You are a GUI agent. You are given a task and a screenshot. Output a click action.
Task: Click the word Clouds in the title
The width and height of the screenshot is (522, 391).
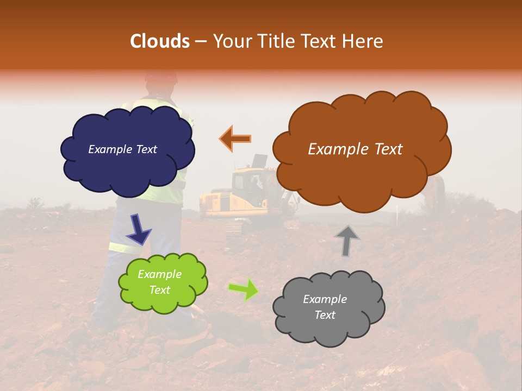pos(160,41)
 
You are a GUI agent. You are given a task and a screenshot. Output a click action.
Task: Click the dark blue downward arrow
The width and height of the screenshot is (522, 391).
pos(139,229)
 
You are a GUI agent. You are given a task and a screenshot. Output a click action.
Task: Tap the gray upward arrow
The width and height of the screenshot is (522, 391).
pos(347,240)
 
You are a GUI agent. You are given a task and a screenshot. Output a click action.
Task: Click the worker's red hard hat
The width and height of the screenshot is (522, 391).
pos(161,76)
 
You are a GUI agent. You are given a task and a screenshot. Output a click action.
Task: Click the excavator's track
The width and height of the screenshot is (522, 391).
pos(234,228)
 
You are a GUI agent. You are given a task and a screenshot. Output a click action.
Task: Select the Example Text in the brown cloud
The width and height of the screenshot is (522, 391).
pos(355,149)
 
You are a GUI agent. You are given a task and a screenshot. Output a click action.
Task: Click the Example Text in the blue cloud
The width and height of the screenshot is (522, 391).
pos(122,149)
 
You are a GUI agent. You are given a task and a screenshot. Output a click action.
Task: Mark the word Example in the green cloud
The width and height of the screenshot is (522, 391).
pos(159,274)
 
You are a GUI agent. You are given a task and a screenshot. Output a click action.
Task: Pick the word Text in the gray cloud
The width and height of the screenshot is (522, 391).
pos(325,315)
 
